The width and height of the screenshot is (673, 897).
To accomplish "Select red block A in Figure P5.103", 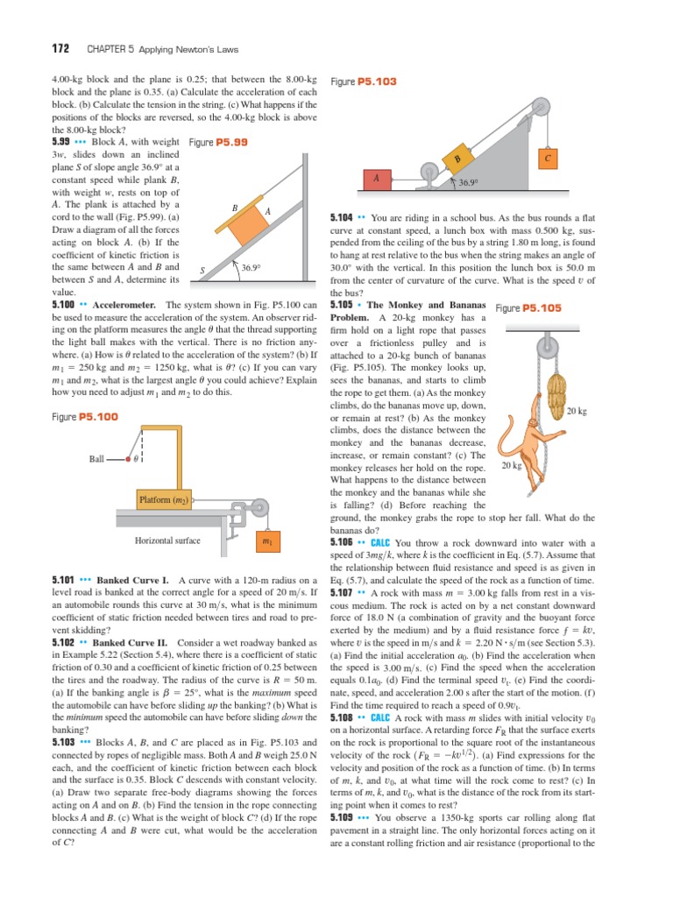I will pos(377,178).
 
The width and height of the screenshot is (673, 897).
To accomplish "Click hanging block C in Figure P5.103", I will pos(547,159).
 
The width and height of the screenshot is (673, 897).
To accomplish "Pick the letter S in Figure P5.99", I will pos(202,271).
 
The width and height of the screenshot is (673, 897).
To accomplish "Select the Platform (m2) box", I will pos(163,499).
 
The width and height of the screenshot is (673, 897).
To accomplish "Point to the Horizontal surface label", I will pos(168,540).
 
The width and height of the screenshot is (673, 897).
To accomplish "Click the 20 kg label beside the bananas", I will pos(576,411).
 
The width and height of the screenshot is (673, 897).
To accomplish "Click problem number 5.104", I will pos(341,216).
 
